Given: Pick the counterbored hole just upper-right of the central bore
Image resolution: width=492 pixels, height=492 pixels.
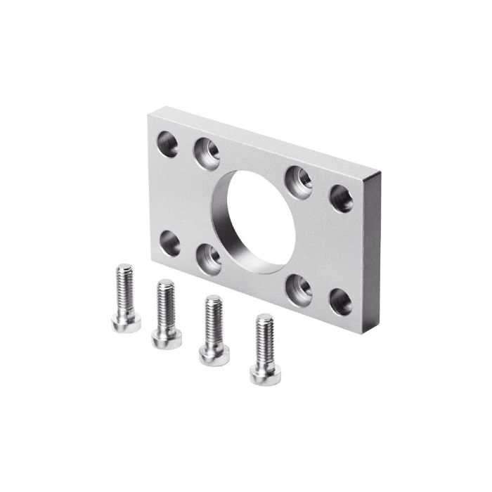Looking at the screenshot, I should (298, 181).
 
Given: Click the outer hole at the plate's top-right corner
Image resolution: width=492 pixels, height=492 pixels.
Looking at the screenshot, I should (342, 198).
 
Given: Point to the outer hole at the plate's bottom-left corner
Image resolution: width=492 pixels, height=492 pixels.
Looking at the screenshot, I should (169, 242).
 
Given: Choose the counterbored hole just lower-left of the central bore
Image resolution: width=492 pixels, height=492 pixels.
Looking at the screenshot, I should (209, 257).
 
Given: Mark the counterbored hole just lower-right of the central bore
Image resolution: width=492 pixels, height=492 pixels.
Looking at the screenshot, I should (299, 288).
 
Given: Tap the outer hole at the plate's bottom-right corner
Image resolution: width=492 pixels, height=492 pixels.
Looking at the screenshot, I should (341, 302).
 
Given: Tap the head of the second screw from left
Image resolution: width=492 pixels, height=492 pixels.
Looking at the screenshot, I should (167, 338).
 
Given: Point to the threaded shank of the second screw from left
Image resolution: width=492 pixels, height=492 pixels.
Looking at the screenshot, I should (166, 306).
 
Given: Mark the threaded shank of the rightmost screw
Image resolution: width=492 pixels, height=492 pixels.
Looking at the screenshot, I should (264, 341).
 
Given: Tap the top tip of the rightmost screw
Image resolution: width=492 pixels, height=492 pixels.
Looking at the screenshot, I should (264, 318).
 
